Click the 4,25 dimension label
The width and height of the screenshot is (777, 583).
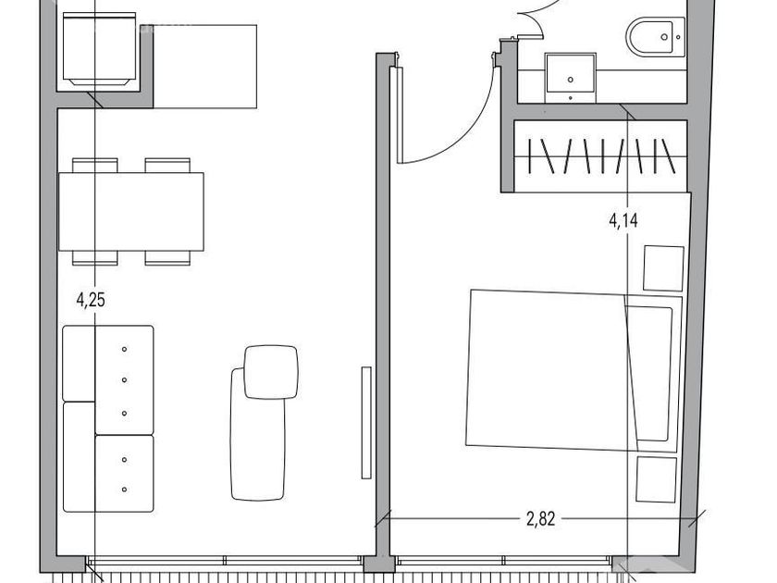pos(91,300)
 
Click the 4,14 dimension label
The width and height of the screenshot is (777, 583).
pos(623,220)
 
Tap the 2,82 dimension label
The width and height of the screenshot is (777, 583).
pos(540,519)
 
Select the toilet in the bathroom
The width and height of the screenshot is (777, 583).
pos(655,37)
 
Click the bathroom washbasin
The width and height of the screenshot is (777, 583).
pos(571,78)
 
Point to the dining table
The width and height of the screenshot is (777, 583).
pos(131,212)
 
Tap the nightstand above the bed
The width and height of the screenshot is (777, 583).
pos(663,267)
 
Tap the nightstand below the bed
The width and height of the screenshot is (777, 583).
pos(656,479)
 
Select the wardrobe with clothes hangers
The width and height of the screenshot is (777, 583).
pos(600,156)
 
